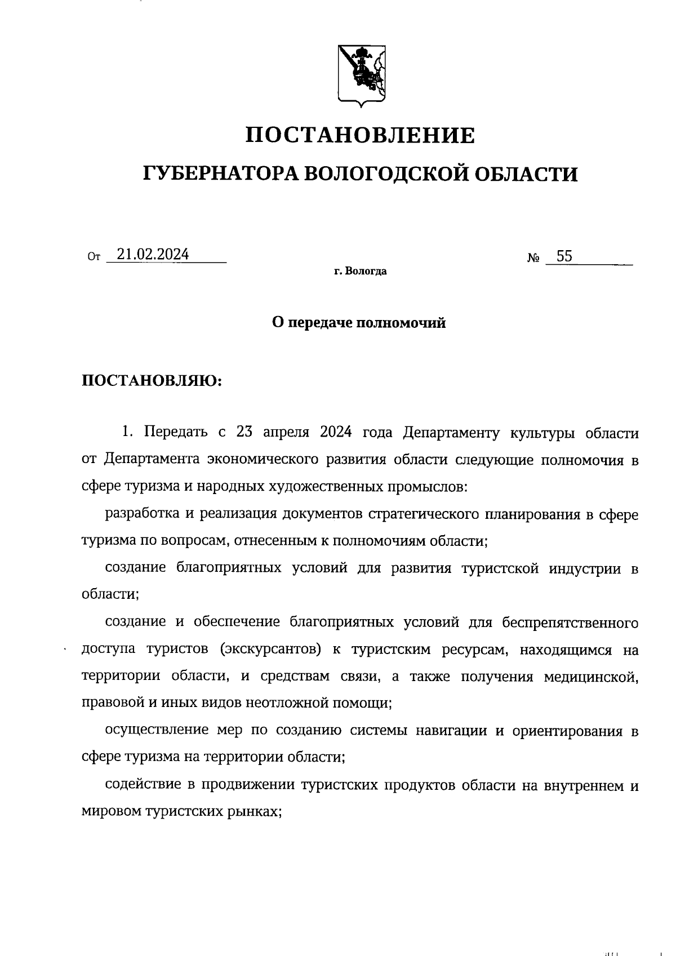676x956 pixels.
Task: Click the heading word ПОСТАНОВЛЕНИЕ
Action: click(361, 135)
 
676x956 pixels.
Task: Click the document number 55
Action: click(564, 257)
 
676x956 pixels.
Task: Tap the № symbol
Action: click(533, 259)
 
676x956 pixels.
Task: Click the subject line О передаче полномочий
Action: click(359, 323)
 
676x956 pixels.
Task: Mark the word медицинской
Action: click(591, 676)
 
